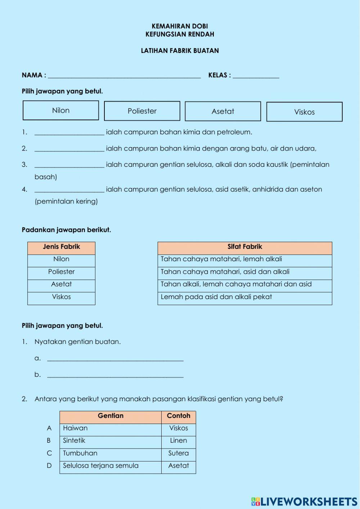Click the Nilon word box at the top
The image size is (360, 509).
pyautogui.click(x=61, y=111)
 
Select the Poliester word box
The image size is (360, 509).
pyautogui.click(x=142, y=111)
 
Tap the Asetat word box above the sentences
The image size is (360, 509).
pyautogui.click(x=223, y=111)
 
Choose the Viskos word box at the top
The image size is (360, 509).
pyautogui.click(x=304, y=112)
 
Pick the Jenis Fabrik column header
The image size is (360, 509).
pyautogui.click(x=61, y=247)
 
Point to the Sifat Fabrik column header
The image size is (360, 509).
pyautogui.click(x=245, y=247)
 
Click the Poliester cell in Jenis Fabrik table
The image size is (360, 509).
pyautogui.click(x=61, y=272)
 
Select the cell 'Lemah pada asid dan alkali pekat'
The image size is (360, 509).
pyautogui.click(x=245, y=297)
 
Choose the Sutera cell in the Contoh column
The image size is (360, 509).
pyautogui.click(x=179, y=453)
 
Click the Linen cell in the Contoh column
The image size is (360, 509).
pyautogui.click(x=179, y=441)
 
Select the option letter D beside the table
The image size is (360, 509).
pyautogui.click(x=49, y=466)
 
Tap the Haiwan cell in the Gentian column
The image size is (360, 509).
pyautogui.click(x=110, y=428)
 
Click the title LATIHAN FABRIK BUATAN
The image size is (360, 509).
pyautogui.click(x=180, y=51)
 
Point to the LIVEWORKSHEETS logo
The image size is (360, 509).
pyautogui.click(x=304, y=501)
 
